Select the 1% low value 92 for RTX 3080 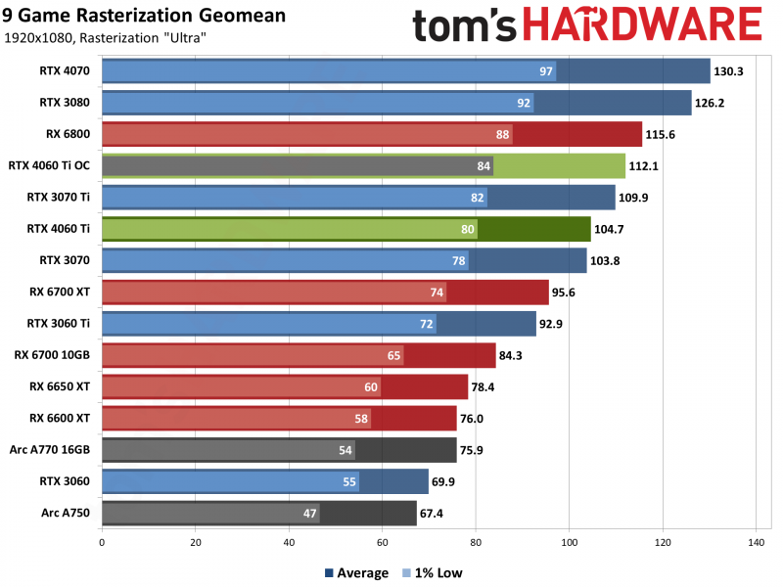[x=525, y=103]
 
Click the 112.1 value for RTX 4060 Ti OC [x=645, y=166]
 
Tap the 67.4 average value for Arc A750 [x=435, y=514]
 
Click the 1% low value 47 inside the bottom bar [x=310, y=514]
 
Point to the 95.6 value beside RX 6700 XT [x=568, y=293]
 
